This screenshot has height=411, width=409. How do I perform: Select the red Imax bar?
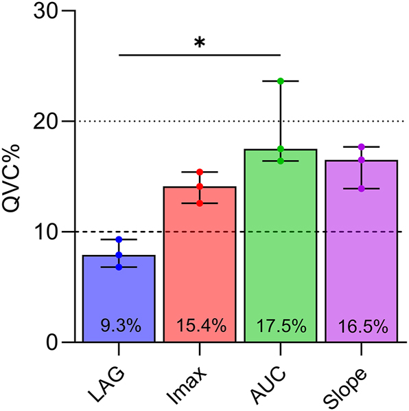199,261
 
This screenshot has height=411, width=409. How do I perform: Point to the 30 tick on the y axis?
45,12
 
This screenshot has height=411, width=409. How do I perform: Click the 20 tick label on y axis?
45,122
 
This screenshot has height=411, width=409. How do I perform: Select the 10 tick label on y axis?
45,232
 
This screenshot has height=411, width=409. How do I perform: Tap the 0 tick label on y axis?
52,342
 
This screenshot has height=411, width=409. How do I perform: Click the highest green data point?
281,81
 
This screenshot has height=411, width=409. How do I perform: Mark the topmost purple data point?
362,146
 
